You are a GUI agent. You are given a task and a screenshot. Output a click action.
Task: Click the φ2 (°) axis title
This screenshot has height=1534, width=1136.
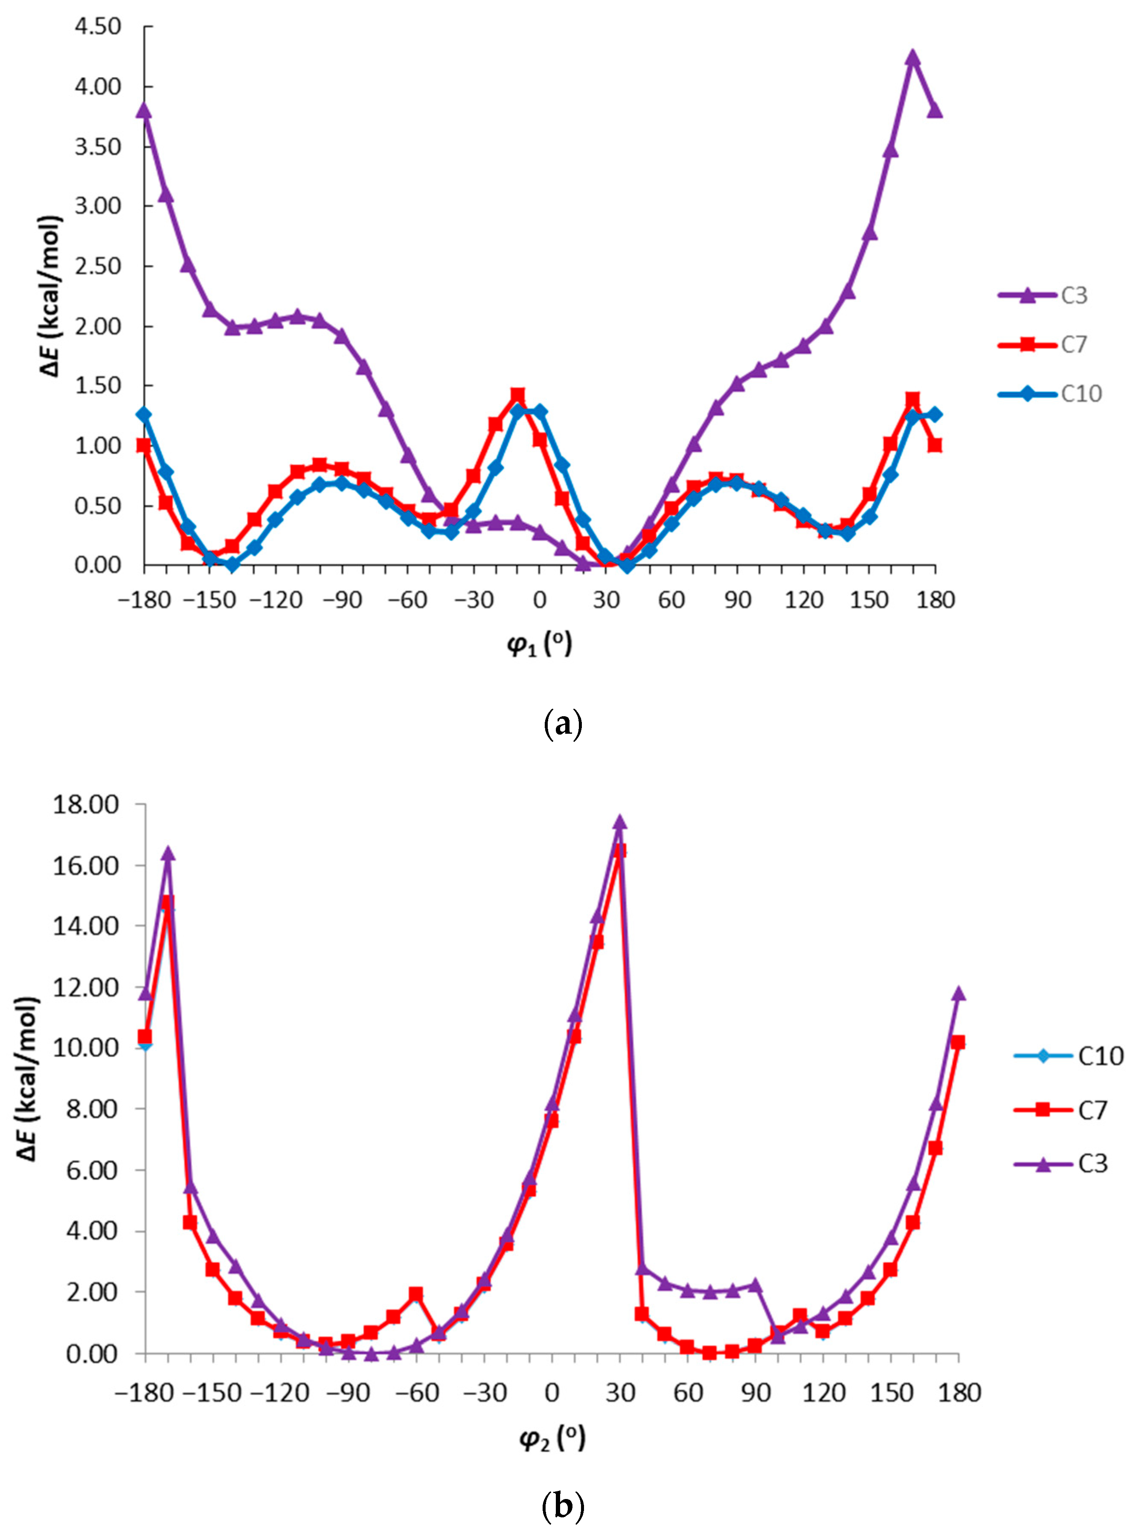point(552,1438)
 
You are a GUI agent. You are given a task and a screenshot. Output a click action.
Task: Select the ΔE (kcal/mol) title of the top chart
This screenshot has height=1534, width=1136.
point(52,296)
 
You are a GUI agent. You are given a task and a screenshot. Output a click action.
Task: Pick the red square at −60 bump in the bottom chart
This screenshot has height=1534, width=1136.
point(415,1294)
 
